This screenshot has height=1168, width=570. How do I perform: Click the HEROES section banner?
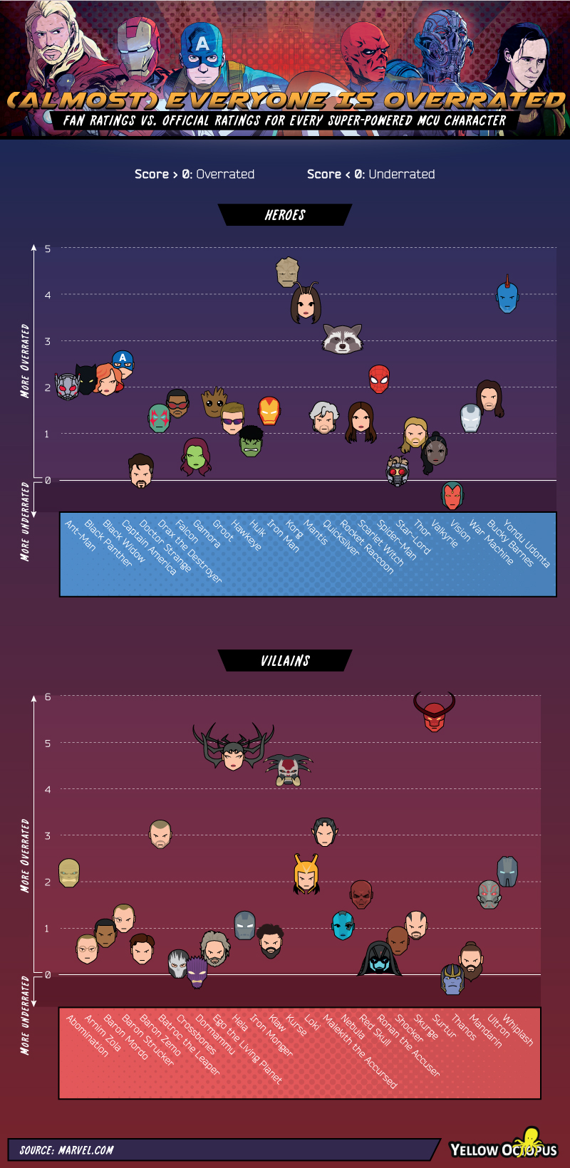(285, 215)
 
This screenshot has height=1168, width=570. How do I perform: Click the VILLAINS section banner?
(285, 661)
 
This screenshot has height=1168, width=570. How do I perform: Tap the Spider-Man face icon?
(379, 379)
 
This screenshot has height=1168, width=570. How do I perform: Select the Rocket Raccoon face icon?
(343, 339)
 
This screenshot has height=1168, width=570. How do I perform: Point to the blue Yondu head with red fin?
(507, 296)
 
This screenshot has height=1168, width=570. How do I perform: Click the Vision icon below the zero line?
(452, 495)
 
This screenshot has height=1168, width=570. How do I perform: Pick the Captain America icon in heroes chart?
(123, 363)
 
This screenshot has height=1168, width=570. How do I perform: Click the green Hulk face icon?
(251, 442)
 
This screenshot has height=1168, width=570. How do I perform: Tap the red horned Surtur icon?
(434, 713)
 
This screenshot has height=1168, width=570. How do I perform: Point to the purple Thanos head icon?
(452, 980)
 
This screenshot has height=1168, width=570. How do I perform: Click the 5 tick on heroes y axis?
(48, 249)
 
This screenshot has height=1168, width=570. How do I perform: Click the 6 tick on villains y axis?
(48, 697)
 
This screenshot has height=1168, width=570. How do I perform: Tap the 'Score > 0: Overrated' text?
(195, 174)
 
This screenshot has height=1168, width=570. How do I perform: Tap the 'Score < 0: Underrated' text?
(370, 174)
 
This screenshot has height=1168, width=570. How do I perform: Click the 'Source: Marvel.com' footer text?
(66, 1149)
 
